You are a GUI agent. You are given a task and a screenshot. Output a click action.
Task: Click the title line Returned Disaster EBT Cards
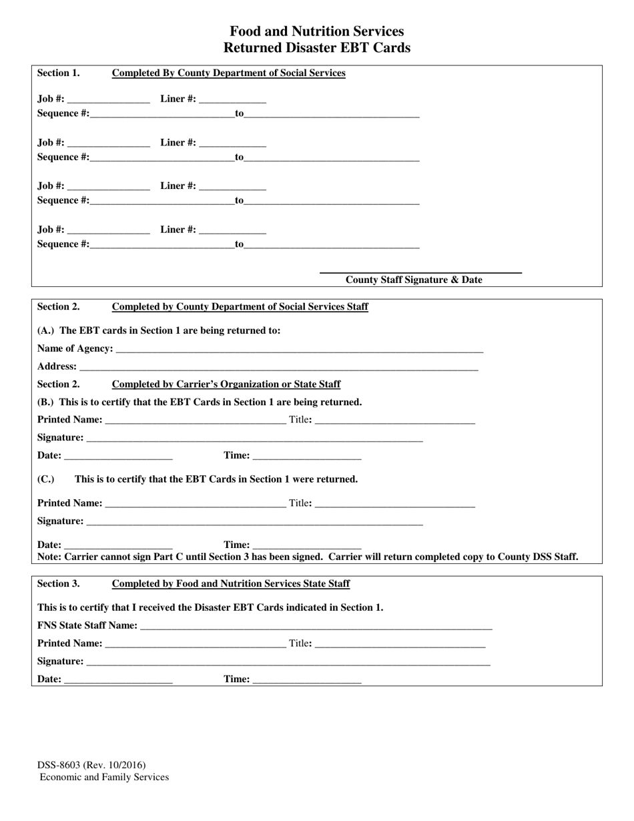316,48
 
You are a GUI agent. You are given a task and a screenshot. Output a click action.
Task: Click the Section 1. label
58,73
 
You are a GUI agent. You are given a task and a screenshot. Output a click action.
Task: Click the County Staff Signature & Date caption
413,280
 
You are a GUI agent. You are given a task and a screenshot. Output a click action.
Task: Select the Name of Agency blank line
298,348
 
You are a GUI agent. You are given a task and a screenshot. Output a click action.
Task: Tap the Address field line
278,366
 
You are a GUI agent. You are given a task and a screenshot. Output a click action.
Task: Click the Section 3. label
58,583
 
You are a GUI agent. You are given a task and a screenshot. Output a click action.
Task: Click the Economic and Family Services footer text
104,777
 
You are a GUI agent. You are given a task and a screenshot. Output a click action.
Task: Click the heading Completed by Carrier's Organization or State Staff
226,384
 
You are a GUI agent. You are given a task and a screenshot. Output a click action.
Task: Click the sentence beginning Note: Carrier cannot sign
308,557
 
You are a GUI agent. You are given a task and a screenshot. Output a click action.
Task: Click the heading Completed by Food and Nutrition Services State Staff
231,583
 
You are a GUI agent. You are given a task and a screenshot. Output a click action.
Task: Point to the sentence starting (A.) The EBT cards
159,330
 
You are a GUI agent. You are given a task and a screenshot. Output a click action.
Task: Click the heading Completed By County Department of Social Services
228,73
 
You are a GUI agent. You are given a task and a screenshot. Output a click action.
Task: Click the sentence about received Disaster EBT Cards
210,607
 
